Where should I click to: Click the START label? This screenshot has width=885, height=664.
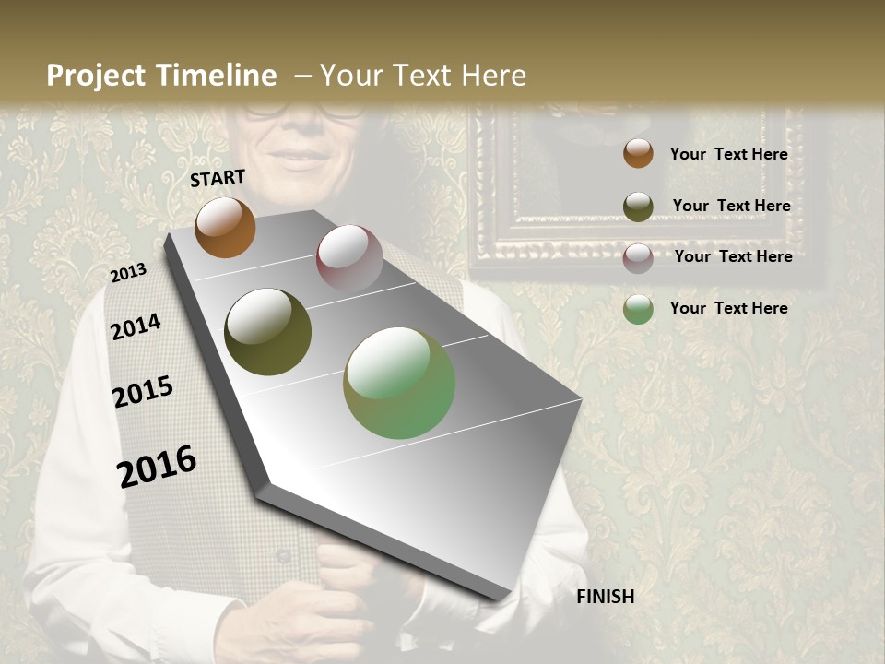point(218,178)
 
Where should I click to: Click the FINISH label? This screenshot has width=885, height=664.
point(606,597)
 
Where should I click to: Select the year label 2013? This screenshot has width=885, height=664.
point(128,273)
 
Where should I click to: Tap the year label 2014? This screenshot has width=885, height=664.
point(136,326)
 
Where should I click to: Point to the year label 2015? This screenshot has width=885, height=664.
point(143,392)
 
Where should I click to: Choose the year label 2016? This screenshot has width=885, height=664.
point(157,467)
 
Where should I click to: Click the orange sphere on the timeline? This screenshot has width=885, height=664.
point(225,227)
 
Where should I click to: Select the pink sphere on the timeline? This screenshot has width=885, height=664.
point(349,257)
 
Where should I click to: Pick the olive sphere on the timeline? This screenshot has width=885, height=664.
point(267,332)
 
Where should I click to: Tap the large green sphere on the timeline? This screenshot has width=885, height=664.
point(399,383)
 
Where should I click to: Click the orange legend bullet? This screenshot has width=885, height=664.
point(638,154)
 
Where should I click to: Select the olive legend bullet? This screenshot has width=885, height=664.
point(638,206)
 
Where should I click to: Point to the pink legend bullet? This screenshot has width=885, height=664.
point(638,257)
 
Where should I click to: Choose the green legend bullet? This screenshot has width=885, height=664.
point(638,309)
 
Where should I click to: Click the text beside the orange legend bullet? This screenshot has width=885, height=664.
point(728,154)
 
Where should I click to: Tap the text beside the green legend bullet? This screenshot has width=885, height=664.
point(728,308)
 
